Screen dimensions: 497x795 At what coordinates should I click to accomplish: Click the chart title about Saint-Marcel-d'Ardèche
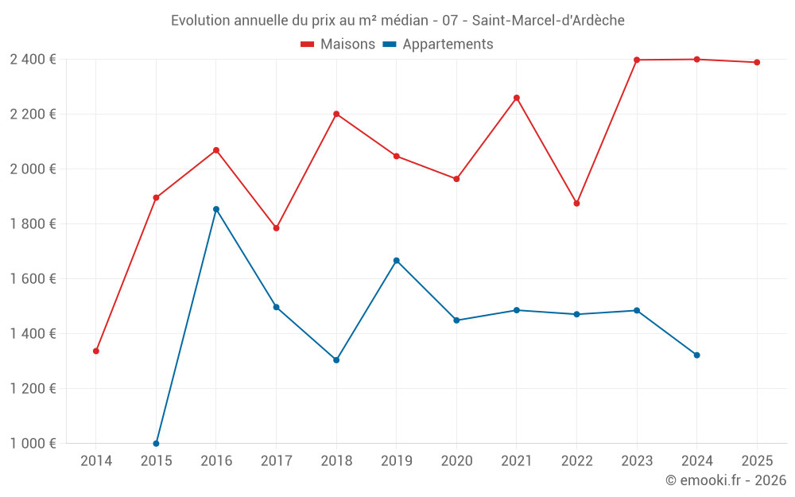397,20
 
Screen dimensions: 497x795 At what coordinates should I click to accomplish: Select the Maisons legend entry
339,45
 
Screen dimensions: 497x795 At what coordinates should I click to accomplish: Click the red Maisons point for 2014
96,351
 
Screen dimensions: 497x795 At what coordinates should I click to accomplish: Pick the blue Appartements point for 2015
156,443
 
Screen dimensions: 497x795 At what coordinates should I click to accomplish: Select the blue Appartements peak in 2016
216,209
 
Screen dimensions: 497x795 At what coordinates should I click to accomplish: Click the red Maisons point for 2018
336,114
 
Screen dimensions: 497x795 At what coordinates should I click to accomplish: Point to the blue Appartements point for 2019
397,261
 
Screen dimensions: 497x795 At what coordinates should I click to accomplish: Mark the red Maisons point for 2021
517,98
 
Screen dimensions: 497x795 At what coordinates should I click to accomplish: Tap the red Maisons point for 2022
577,204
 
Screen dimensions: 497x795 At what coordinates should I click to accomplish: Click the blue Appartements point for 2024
697,355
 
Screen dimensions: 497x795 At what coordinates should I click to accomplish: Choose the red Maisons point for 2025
757,62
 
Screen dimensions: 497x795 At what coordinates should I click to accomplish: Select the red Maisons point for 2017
277,228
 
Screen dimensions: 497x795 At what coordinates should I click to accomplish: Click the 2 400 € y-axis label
33,60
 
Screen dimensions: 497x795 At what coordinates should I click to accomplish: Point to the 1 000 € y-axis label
33,443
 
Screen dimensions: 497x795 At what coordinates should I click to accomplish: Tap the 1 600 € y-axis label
33,278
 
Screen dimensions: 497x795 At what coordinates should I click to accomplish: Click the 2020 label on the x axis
456,461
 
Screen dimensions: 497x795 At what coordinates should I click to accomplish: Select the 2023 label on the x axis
637,461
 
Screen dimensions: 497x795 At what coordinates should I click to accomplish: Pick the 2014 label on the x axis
96,461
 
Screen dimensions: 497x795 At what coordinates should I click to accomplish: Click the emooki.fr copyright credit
725,480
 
